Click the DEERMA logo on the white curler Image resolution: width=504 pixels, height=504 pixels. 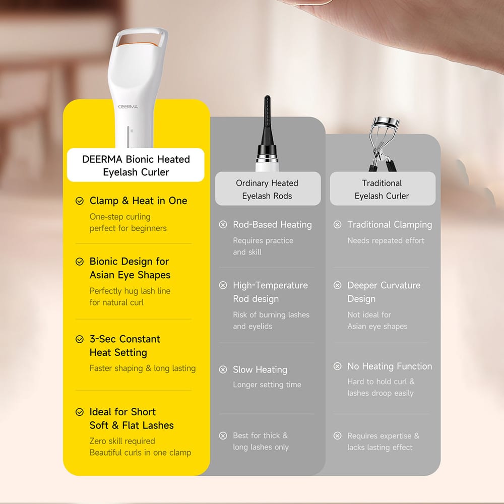128,106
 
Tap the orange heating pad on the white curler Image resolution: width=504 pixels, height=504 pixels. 139,43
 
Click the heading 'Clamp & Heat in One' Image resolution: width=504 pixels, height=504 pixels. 138,201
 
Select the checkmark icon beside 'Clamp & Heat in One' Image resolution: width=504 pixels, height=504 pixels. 80,201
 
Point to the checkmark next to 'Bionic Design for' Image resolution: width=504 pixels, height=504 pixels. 80,261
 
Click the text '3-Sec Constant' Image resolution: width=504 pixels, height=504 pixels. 124,339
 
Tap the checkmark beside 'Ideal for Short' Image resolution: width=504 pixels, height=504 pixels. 80,412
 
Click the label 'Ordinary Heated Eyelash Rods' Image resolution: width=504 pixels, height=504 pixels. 267,190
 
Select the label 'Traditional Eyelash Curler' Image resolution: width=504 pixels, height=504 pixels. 382,190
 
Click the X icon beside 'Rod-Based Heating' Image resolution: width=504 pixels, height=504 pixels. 223,224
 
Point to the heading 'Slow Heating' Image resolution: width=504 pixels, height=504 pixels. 260,369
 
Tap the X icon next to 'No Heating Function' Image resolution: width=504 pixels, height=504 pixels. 337,366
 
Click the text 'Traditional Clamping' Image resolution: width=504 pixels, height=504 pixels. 390,224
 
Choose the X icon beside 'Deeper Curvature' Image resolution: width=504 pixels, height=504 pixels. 337,285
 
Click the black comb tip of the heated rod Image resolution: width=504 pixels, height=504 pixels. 267,119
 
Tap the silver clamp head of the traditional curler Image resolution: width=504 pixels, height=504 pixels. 386,121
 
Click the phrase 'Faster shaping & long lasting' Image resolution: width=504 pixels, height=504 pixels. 143,368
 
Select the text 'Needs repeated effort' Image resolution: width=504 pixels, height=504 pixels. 386,240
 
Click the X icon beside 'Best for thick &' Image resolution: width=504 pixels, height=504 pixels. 223,435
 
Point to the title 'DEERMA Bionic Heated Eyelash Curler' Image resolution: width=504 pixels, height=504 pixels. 136,165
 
